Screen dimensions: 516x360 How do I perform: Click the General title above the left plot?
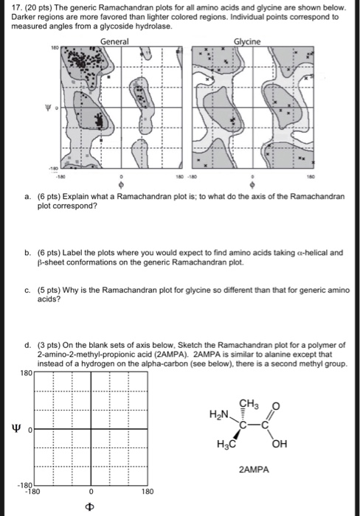coord(114,42)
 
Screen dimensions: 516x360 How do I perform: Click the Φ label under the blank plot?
coord(89,506)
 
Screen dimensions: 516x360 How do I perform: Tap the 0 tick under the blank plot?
coord(89,490)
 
